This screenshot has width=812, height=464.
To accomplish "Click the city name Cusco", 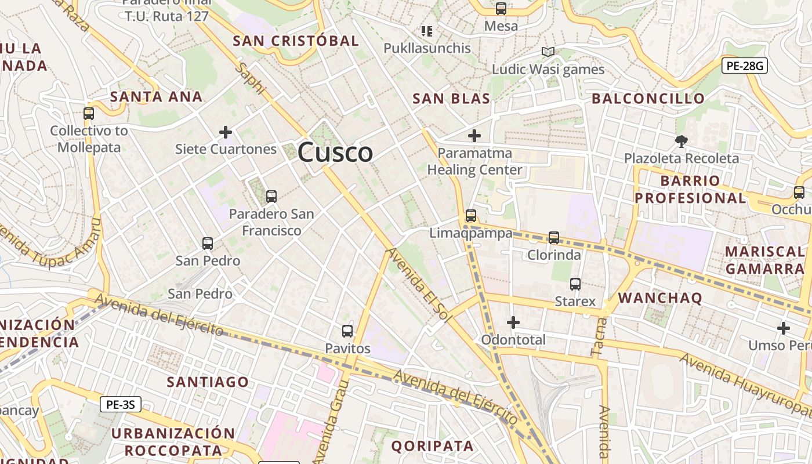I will (x=335, y=153).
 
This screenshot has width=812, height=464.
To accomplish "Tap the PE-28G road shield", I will (x=745, y=66).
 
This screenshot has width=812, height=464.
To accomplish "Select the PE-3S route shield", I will (x=121, y=404).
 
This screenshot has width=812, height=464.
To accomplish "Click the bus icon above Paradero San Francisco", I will (x=271, y=197).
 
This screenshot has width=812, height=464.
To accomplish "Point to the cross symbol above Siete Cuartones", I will (x=226, y=132).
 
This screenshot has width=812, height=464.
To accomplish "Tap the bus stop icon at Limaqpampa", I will (x=471, y=216).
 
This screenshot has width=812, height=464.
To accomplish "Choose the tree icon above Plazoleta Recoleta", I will (x=681, y=141).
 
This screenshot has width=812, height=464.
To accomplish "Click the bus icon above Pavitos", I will (x=347, y=331).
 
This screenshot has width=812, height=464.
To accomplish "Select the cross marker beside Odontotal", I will (x=513, y=322).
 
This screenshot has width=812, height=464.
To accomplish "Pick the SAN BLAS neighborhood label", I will (x=451, y=99).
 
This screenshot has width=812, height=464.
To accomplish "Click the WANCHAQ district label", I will (x=660, y=298).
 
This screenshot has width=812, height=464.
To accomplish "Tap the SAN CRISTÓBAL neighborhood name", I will (x=296, y=41).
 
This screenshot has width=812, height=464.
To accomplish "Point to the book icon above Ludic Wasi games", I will (x=548, y=52).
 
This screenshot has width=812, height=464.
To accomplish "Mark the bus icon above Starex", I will (x=575, y=284).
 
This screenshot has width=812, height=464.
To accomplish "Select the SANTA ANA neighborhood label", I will (x=157, y=96).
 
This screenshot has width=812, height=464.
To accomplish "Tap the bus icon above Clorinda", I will (x=554, y=238).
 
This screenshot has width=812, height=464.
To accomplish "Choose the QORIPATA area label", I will (x=432, y=446).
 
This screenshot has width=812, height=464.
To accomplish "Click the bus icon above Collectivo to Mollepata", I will (x=89, y=114).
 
